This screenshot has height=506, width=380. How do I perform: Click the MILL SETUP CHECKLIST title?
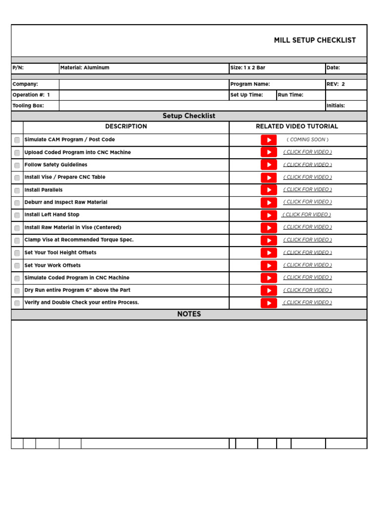pos(315,41)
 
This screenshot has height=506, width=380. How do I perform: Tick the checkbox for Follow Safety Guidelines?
pos(17,165)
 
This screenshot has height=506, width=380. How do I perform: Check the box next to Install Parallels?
pos(17,190)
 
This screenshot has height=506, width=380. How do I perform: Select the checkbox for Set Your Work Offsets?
pos(17,266)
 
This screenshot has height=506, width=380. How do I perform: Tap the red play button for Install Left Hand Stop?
pos(269,215)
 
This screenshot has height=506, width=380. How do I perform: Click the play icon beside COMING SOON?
pos(269,140)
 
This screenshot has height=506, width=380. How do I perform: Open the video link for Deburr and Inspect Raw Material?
pos(307,202)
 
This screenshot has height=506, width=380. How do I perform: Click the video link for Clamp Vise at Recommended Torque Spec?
pos(307,240)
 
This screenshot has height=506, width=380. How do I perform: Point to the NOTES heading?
pos(189,314)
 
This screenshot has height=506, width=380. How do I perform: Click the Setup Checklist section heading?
pos(189,116)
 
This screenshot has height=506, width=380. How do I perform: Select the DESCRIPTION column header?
pos(126,126)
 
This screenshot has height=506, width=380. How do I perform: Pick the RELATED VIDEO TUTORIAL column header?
pos(297,126)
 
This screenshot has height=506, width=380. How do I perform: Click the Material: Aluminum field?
pos(85,68)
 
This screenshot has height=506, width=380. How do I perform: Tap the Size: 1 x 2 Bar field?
pos(248,68)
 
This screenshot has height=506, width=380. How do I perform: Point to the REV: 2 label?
pos(335,84)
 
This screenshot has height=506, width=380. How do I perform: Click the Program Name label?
pos(250,84)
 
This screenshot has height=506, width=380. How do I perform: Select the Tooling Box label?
pos(28,106)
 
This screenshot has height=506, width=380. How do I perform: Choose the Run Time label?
pos(290,95)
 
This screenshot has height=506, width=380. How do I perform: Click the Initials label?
pos(335,106)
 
